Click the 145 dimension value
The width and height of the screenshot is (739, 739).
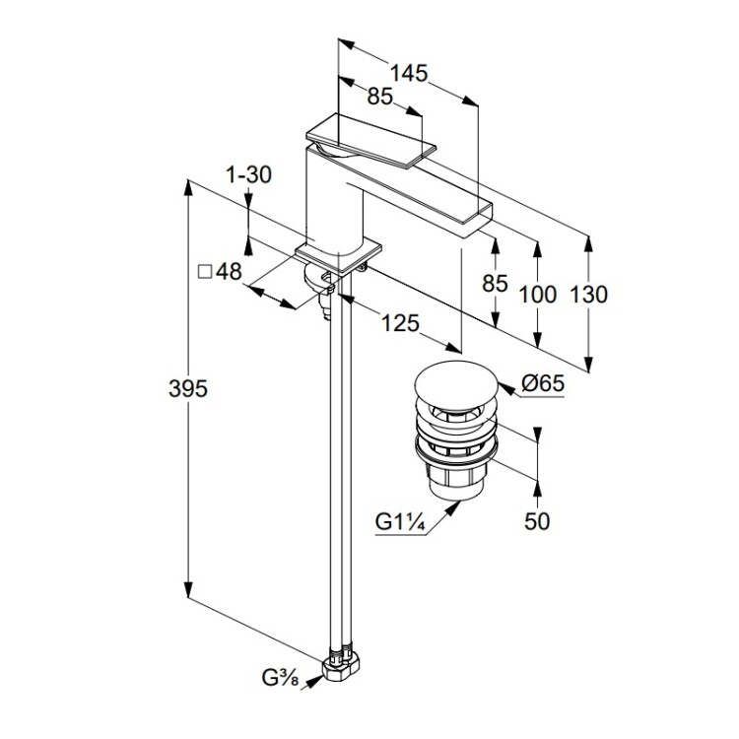coord(409,72)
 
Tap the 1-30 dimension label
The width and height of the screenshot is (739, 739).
coord(248,175)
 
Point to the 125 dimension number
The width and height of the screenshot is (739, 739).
coord(398,323)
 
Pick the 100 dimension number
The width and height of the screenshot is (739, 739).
coord(538,294)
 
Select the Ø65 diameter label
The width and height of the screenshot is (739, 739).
coord(538,385)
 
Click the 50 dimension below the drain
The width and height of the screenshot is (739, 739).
coord(536,521)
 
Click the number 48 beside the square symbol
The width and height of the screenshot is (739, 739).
coord(229,273)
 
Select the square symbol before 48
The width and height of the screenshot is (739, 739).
coord(205,273)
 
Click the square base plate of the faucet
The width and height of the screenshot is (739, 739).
coord(338,255)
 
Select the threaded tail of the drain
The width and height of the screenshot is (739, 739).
coord(455,483)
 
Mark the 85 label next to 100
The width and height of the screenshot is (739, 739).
coord(496,284)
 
